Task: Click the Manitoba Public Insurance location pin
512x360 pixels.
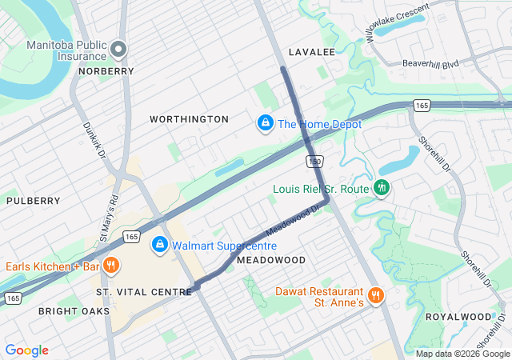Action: (x=118, y=50)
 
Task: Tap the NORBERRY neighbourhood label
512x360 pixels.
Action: (x=106, y=71)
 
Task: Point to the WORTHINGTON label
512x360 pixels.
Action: (x=189, y=119)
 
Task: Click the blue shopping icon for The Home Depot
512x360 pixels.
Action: (x=265, y=124)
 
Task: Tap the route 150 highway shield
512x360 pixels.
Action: (x=314, y=162)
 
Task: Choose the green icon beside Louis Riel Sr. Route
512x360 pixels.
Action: (x=382, y=189)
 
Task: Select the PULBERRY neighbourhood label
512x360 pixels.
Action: (x=34, y=201)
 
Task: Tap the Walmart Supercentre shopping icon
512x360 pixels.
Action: (x=160, y=244)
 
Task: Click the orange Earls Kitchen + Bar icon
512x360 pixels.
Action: (x=112, y=266)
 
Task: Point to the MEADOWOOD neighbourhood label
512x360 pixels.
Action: (x=271, y=261)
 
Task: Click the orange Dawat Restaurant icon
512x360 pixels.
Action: (x=376, y=296)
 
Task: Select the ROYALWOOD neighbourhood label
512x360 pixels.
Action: (x=458, y=317)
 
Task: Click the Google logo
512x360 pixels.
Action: (x=27, y=350)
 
